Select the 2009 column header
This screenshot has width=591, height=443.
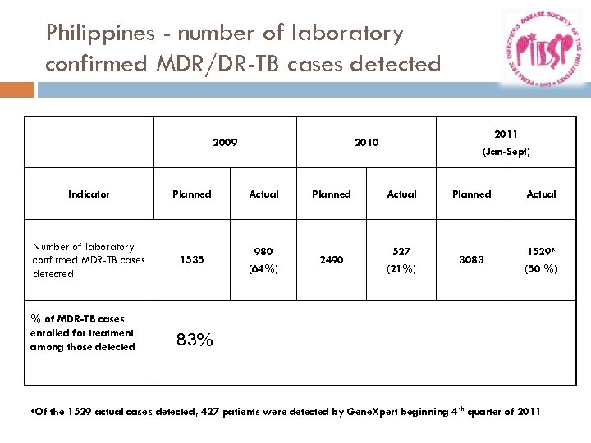point(225,143)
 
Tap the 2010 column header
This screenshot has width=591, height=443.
point(366,143)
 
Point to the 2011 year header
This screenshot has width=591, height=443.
point(506,134)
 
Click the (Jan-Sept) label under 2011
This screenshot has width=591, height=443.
point(506,152)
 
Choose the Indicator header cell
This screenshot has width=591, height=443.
point(89,194)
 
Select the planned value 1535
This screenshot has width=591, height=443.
point(191,260)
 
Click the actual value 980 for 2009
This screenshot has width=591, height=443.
point(263,252)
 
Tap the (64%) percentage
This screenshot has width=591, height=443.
point(263,268)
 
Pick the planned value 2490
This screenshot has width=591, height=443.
point(331,260)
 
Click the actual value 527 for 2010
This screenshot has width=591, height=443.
point(401,252)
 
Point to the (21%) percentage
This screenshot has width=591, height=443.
point(401,268)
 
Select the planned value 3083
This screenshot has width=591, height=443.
point(471,260)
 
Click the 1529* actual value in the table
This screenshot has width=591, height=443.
point(541,252)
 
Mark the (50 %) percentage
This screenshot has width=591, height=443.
point(541,268)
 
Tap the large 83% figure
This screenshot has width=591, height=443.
point(195,340)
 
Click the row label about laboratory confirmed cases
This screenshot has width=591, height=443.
point(88,260)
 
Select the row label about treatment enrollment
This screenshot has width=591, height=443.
point(82,333)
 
